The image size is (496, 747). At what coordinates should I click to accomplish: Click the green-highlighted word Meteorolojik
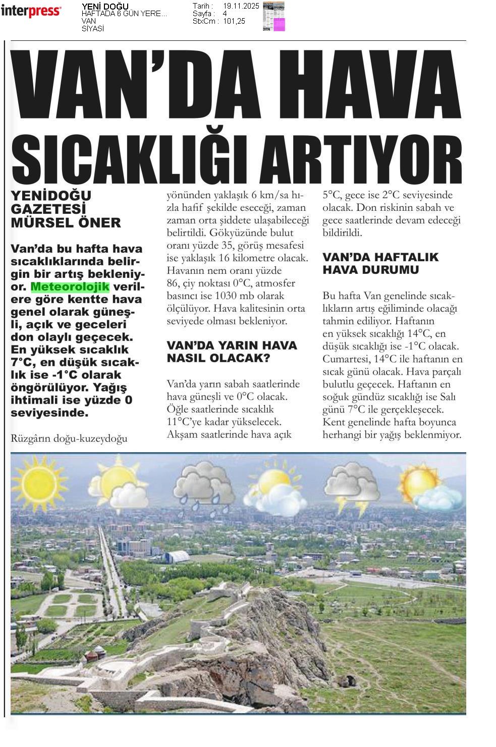coord(70,287)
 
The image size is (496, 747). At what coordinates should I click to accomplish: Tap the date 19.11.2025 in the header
coord(241,6)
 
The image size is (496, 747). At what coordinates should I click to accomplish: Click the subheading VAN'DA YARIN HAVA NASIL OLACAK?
coord(232,352)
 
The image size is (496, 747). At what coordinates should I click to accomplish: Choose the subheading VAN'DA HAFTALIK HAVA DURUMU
coord(380,263)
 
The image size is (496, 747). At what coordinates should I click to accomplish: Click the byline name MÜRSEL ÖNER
coord(66,223)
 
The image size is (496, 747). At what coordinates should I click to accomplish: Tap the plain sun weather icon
coord(38,481)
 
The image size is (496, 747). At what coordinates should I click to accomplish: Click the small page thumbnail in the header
coord(273,16)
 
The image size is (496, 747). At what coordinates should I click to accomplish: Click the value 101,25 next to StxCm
coord(234,21)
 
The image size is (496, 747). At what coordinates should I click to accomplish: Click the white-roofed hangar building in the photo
coord(176,557)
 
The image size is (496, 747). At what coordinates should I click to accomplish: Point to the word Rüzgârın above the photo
coord(30,438)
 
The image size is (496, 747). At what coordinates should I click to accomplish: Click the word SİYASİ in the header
coord(93,29)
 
